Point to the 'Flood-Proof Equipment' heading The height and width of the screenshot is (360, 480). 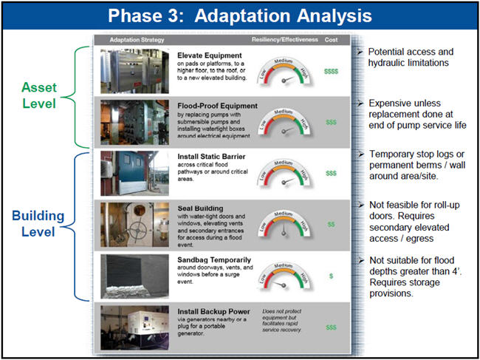[x=217, y=106]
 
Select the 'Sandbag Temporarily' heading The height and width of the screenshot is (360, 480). [x=213, y=260]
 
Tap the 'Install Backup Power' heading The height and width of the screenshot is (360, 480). [x=213, y=311]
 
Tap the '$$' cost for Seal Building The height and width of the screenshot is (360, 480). [x=331, y=223]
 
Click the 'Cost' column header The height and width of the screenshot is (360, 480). [x=332, y=39]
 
